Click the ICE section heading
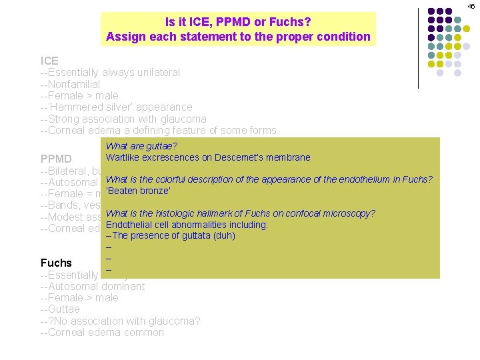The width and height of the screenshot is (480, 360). click(49, 61)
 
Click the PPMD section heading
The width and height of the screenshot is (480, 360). click(56, 159)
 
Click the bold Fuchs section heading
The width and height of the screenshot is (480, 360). click(56, 263)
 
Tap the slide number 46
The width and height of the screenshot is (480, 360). click(471, 5)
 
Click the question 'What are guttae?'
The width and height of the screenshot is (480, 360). click(141, 146)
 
